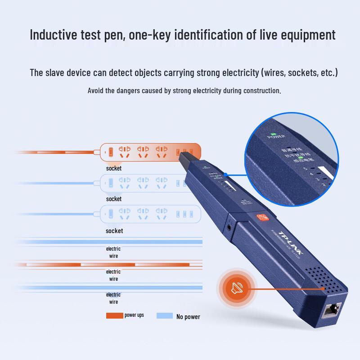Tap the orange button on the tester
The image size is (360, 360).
[263, 218]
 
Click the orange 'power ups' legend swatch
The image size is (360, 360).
[114, 315]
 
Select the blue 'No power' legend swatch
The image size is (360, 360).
[165, 316]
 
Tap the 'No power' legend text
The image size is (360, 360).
[188, 317]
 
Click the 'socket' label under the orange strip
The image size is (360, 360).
[114, 168]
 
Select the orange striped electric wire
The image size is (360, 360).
[108, 265]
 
